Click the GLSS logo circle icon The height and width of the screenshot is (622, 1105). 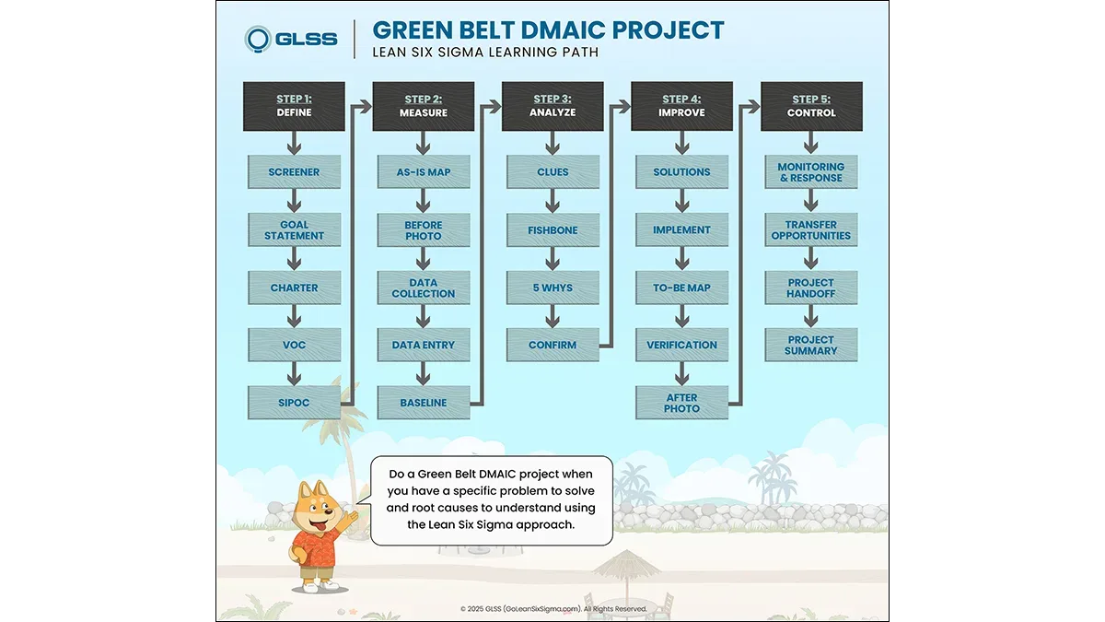click(258, 39)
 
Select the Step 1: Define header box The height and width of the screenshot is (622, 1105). click(294, 106)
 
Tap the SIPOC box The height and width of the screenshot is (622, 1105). click(294, 403)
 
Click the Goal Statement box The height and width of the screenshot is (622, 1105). click(294, 230)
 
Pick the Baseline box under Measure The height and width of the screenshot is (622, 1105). click(424, 403)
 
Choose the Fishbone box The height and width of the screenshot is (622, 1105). click(552, 230)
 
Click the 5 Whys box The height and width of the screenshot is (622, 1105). click(552, 288)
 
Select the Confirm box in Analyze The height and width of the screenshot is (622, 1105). click(552, 345)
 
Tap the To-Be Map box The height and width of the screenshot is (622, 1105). click(681, 288)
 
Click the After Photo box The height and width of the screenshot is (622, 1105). click(681, 403)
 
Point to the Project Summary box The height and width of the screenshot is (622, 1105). click(811, 345)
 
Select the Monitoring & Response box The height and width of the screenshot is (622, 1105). click(811, 171)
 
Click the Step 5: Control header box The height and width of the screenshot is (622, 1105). click(811, 106)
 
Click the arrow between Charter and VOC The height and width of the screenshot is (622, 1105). click(294, 316)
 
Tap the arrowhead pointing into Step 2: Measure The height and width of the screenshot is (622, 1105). click(365, 106)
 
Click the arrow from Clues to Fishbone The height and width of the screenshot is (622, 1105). click(552, 201)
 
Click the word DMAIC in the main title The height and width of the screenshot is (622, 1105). click(564, 30)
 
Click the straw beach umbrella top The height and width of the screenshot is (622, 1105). click(626, 564)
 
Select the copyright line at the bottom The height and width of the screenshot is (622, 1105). click(553, 609)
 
